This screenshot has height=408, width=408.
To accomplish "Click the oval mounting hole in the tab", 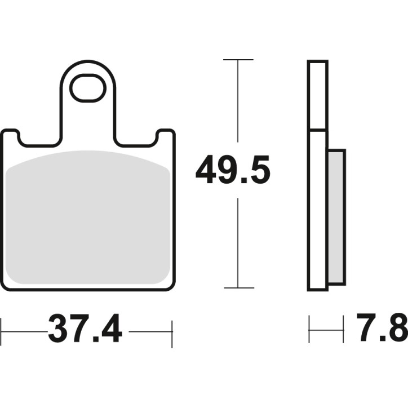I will pos(87,88).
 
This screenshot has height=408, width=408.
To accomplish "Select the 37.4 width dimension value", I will pos(85,330).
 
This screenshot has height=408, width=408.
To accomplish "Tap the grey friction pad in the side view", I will pos(336,217).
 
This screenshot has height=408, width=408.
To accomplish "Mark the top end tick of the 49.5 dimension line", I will pos(238,59).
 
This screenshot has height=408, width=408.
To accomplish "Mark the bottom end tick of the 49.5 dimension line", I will pos(238,287).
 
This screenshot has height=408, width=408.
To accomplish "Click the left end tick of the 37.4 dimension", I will pos(2,331).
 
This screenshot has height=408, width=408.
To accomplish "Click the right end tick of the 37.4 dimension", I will pos(172,331).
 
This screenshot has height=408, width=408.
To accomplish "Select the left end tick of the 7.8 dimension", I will pos(309,330).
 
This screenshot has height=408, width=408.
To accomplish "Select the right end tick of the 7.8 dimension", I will pos(343,330).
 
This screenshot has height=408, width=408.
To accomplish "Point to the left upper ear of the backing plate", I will pos(11,135).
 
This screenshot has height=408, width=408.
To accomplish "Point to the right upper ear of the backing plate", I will pos(165,135).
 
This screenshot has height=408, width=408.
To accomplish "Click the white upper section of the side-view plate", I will pos(317,96).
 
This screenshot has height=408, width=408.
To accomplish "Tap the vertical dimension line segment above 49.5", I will pos(238,101).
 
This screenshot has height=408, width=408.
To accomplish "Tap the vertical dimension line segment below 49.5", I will pos(238,242).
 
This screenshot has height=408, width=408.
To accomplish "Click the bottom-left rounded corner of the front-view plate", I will pos(7,285).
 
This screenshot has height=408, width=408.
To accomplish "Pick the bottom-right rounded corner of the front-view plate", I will pos(169,285).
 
